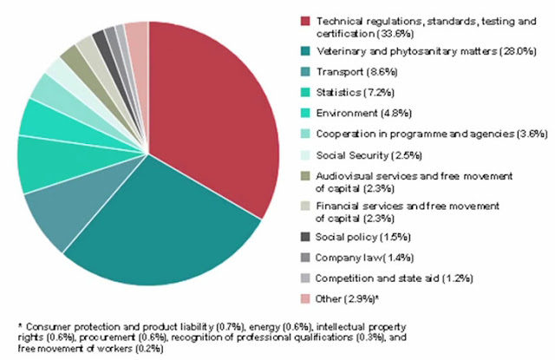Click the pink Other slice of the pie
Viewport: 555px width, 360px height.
click(x=137, y=39)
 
